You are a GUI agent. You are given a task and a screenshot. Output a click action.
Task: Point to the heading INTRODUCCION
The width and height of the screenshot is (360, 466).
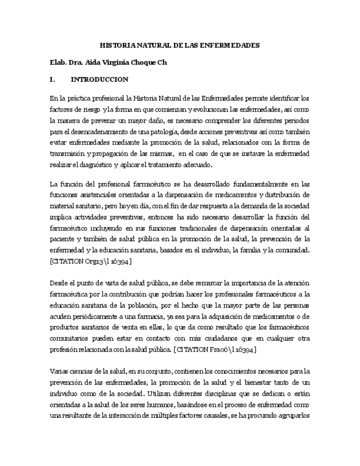pyautogui.click(x=99, y=79)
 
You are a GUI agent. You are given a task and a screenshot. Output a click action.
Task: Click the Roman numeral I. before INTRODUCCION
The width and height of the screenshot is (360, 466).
pyautogui.click(x=52, y=79)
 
